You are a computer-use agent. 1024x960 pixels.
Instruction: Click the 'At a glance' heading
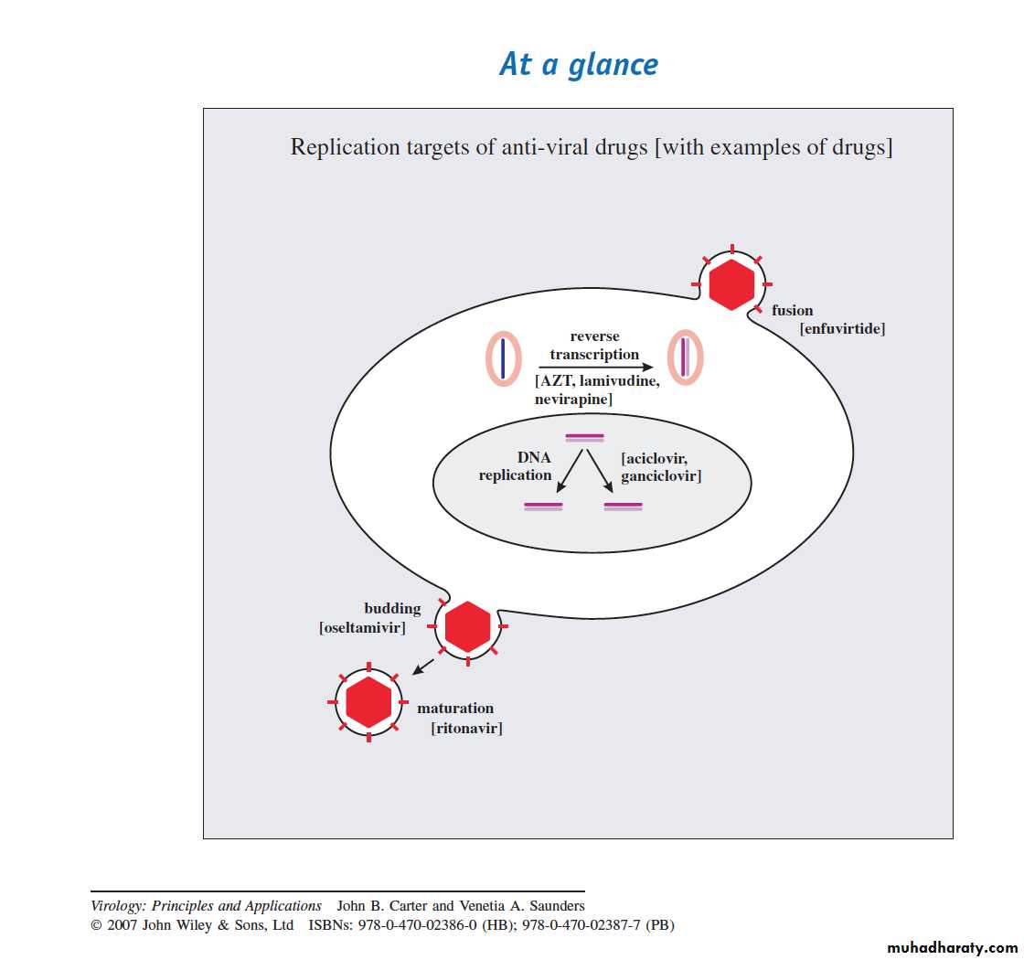579,64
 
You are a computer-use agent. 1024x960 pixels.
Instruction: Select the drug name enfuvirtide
843,328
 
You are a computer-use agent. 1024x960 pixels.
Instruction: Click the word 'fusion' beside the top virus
792,310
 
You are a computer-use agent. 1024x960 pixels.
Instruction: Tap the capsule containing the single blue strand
503,357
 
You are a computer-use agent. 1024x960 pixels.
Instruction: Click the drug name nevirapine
574,400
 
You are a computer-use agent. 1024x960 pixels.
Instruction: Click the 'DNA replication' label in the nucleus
516,466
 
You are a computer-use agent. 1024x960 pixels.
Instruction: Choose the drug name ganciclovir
661,476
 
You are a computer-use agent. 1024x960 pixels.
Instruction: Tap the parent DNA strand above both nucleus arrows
584,437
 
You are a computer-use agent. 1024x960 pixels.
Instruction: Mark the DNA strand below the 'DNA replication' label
543,506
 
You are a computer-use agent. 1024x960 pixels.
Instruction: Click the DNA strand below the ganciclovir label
623,506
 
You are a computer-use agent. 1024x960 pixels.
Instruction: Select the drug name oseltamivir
362,628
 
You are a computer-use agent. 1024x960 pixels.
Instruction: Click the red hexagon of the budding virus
467,627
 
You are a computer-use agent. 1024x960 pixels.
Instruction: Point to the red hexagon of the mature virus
368,702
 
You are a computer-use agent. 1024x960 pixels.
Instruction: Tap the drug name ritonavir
466,728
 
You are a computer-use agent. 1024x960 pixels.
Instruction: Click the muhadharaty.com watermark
952,948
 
